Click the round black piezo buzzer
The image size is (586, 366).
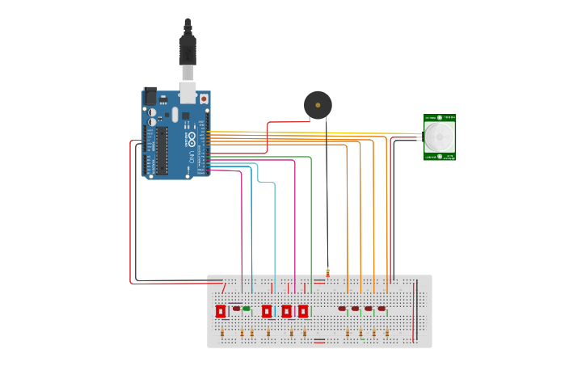pos(318,105)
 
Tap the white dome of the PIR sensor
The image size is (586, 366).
pos(440,137)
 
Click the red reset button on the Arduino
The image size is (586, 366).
pos(203,98)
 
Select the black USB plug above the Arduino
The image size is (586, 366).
pos(188,48)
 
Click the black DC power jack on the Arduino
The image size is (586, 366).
pos(150,95)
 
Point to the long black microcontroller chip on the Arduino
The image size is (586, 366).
pos(162,150)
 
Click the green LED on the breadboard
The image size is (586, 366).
pos(247,309)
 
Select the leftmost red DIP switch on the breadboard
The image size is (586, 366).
pos(221,311)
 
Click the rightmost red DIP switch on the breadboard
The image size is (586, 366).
pos(303,311)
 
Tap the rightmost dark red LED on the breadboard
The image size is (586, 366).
pos(382,309)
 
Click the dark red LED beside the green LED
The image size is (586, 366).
pos(236,308)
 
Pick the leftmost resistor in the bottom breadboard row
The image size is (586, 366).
pos(222,333)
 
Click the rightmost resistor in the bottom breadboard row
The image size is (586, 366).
pos(387,333)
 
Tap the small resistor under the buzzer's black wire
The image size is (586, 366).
pos(327,272)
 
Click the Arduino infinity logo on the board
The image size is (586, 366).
pos(191,138)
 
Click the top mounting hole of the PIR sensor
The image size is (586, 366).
pos(440,118)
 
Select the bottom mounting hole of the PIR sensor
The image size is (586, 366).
pos(440,156)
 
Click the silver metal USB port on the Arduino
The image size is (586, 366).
pos(188,93)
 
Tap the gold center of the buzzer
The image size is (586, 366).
pos(318,104)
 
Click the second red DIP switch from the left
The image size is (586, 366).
pos(267,311)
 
